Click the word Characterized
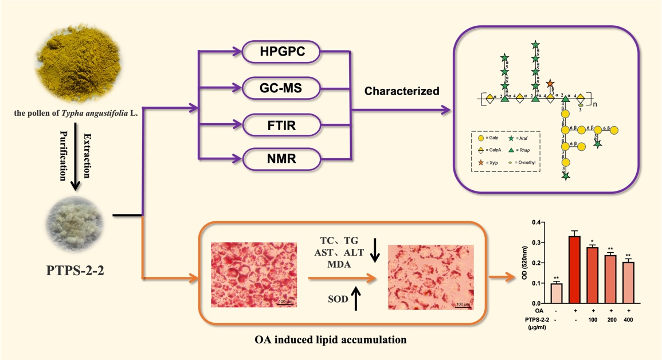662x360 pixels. (401, 91)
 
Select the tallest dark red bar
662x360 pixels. (574, 269)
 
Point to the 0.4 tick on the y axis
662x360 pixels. (536, 222)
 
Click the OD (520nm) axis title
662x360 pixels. (524, 262)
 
